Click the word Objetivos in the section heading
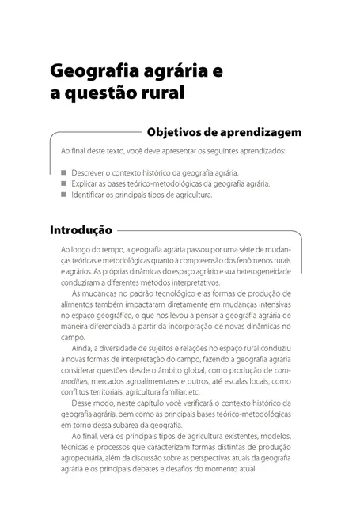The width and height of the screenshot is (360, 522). coord(176,131)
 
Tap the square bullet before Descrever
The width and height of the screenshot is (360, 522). coord(63,172)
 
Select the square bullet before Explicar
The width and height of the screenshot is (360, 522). coord(63,183)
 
